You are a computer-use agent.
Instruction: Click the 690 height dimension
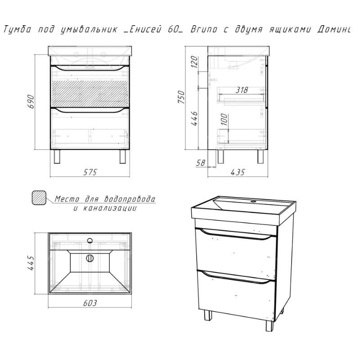click(x=31, y=102)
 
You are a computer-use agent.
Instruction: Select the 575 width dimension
click(x=90, y=172)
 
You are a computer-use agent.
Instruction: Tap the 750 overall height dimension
click(x=181, y=97)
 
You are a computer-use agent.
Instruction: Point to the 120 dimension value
click(x=194, y=62)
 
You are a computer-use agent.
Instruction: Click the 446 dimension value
click(x=194, y=118)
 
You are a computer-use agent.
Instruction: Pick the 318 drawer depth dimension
click(x=242, y=90)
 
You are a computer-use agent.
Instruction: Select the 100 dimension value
click(x=224, y=119)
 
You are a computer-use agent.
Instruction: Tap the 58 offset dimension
click(x=200, y=163)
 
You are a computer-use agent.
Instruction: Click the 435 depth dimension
click(x=238, y=172)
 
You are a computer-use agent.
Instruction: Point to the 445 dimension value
click(x=31, y=263)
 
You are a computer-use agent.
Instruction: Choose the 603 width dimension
click(x=90, y=303)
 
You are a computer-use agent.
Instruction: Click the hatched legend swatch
click(x=39, y=198)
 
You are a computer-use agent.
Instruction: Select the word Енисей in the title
click(x=145, y=29)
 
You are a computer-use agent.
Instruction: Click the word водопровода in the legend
click(x=130, y=199)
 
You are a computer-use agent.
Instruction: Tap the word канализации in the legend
click(x=110, y=208)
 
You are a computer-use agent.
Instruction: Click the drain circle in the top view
click(x=90, y=258)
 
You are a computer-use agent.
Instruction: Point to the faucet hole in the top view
click(x=90, y=241)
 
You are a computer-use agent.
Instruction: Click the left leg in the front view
click(x=57, y=157)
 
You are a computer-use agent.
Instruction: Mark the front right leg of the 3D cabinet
click(x=270, y=325)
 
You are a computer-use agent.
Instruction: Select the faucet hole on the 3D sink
click(x=253, y=202)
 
